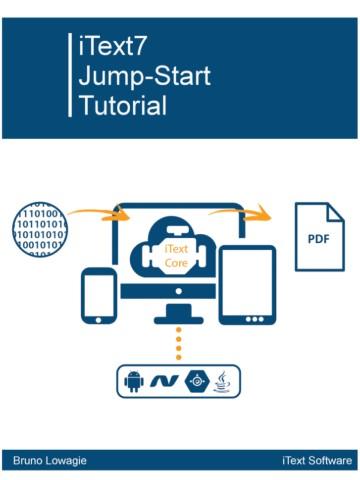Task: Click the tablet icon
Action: pos(247,286)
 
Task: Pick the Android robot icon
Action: pos(133,382)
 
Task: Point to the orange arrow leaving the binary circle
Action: pos(95,212)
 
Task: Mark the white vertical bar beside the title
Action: pos(69,75)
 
